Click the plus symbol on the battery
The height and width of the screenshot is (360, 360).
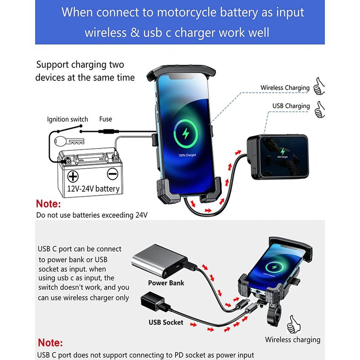[x=73, y=176]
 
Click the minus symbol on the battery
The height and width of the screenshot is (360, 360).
[x=112, y=174]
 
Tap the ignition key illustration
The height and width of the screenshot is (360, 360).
[x=69, y=141]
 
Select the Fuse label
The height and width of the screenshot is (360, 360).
[x=106, y=119]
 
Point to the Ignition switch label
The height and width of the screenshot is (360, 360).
[x=67, y=119]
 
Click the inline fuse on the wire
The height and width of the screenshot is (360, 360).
[x=108, y=131]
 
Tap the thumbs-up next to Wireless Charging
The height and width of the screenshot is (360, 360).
[x=319, y=86]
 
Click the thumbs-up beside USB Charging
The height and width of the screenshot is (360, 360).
[x=319, y=110]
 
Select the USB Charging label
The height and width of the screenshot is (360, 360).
[x=291, y=106]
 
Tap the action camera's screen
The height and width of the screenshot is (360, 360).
[x=284, y=156]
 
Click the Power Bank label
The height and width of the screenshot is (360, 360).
[x=166, y=283]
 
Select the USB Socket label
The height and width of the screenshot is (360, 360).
[x=166, y=322]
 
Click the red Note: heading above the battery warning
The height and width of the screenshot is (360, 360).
[x=49, y=204]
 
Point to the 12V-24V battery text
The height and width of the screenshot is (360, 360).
[x=93, y=189]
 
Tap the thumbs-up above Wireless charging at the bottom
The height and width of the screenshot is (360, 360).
[x=293, y=324]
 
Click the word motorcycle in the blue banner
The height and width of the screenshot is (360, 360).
[x=186, y=13]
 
